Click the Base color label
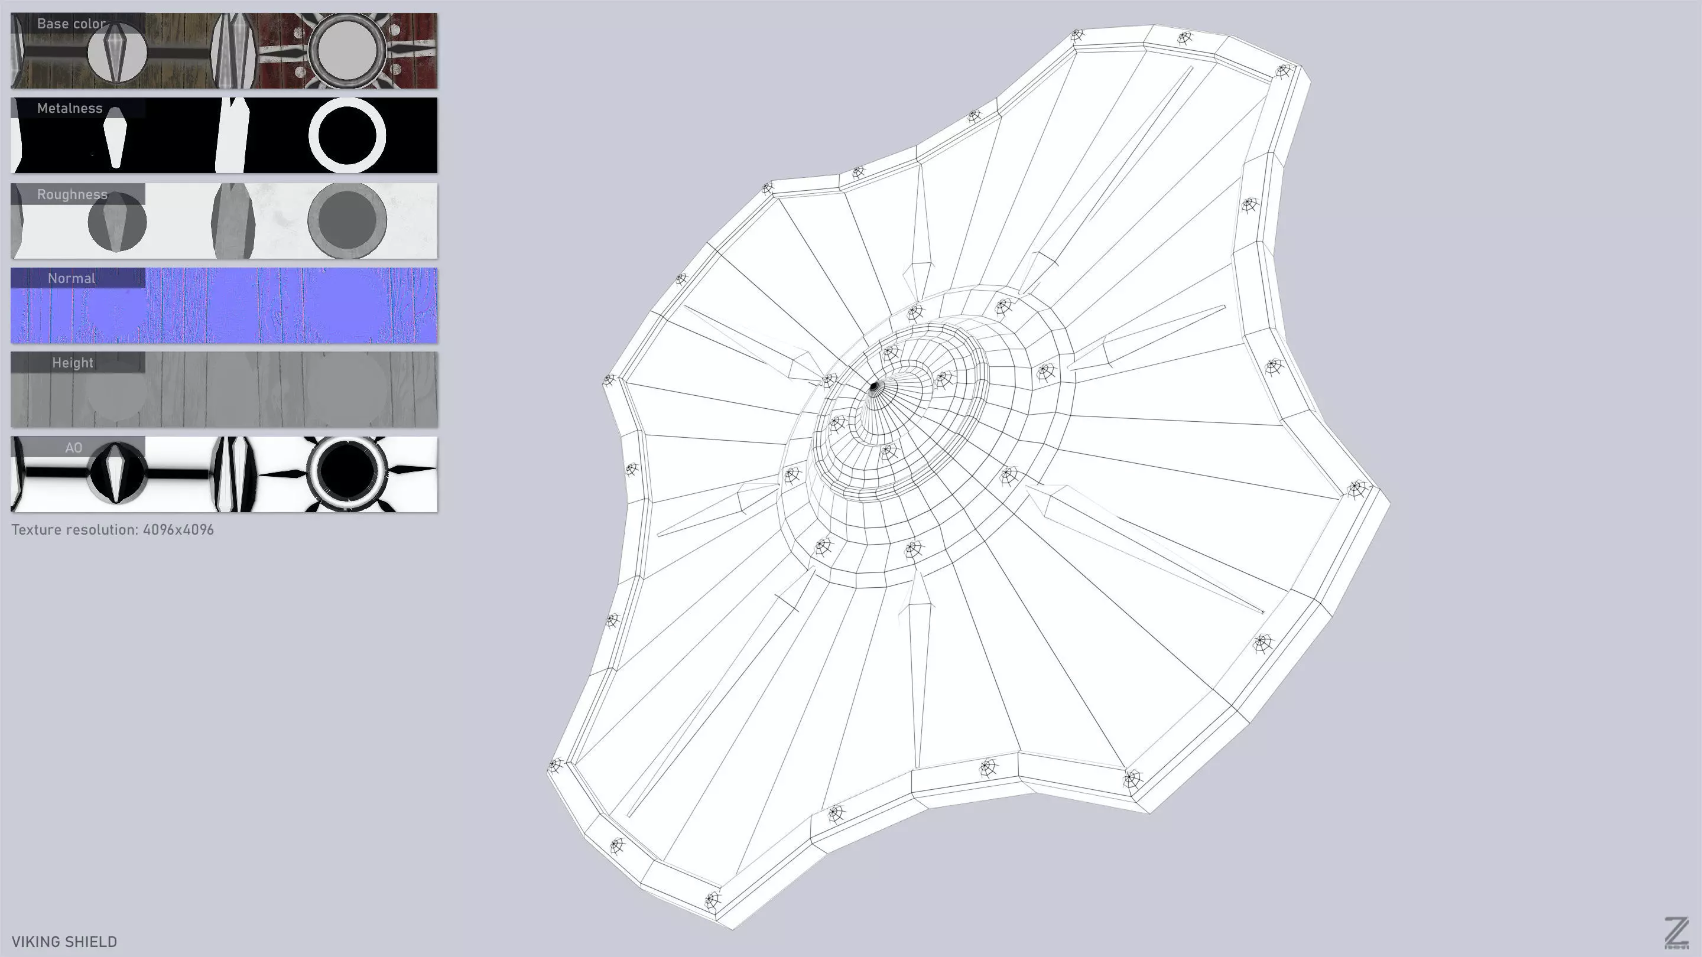click(x=71, y=24)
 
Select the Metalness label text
click(x=69, y=108)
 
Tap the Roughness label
click(x=72, y=195)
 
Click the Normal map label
click(x=72, y=279)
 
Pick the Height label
click(x=73, y=363)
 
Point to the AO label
click(x=73, y=448)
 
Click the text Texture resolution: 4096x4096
click(x=112, y=530)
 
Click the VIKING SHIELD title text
click(x=64, y=942)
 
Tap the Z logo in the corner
click(x=1676, y=933)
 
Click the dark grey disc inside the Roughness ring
click(x=347, y=220)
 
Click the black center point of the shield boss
click(x=874, y=386)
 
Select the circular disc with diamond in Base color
click(x=117, y=53)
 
